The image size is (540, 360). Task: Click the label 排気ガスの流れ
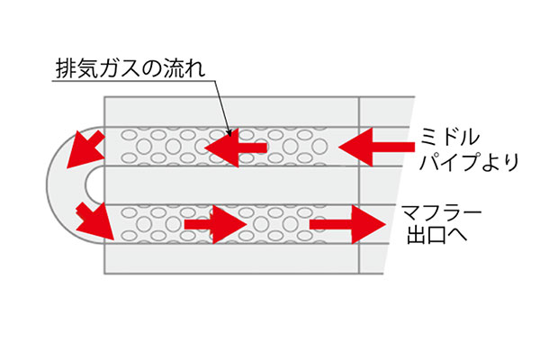pos(130,68)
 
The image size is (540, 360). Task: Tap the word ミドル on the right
pos(449,137)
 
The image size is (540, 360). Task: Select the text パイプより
pos(469,162)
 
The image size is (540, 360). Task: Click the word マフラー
pos(442,212)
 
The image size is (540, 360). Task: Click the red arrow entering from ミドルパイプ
pos(377,147)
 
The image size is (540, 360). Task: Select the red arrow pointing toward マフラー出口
pos(347,225)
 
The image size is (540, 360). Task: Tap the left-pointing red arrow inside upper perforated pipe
pos(236,148)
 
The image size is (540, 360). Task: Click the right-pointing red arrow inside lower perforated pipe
pos(216,225)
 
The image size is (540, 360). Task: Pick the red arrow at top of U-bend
pos(86,148)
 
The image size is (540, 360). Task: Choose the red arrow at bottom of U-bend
pos(95,221)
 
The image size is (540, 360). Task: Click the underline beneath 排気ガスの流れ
pos(133,81)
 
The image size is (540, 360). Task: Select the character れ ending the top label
pos(195,68)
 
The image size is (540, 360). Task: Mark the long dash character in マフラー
pos(472,212)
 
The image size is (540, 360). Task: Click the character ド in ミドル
pos(449,137)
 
